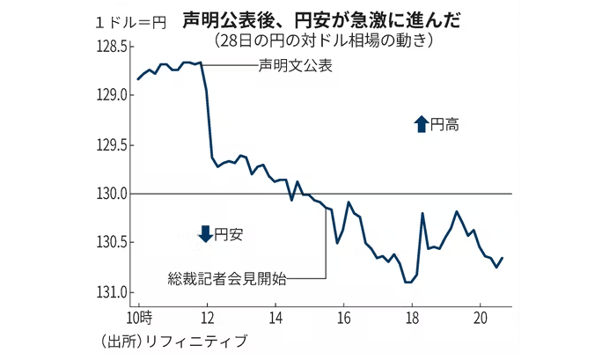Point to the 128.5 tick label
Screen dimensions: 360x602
pyautogui.click(x=114, y=46)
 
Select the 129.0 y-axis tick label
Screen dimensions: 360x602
pyautogui.click(x=114, y=95)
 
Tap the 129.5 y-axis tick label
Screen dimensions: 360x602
pyautogui.click(x=114, y=144)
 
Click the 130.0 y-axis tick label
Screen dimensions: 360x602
pyautogui.click(x=114, y=194)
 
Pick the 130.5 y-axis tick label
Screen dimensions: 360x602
pyautogui.click(x=114, y=243)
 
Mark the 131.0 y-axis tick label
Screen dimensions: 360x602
pyautogui.click(x=114, y=292)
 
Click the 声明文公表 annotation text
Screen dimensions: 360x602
pyautogui.click(x=296, y=67)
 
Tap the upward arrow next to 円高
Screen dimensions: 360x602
pyautogui.click(x=420, y=125)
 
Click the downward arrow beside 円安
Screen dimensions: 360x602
pyautogui.click(x=205, y=234)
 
